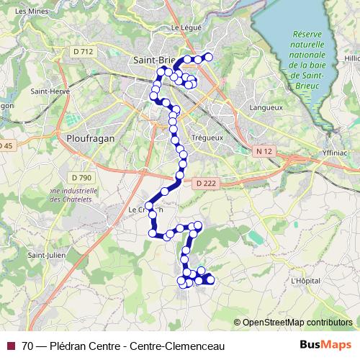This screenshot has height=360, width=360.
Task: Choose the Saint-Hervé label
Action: pyautogui.click(x=50, y=91)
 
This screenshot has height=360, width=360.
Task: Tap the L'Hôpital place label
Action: pyautogui.click(x=305, y=279)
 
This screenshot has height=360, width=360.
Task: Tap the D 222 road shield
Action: pyautogui.click(x=204, y=184)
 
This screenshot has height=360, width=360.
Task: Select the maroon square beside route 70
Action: pyautogui.click(x=10, y=346)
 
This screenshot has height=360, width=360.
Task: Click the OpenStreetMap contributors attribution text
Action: pyautogui.click(x=297, y=322)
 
